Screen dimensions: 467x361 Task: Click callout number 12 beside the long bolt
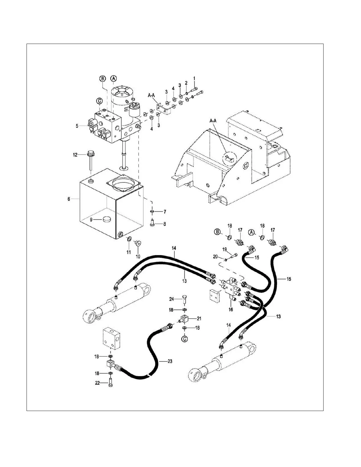coord(75,154)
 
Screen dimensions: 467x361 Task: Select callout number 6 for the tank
coord(69,199)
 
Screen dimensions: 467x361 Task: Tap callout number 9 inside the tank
coord(91,220)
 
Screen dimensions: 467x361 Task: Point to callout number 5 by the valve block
coord(77,126)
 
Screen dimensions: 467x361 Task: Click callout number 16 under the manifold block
coord(231,309)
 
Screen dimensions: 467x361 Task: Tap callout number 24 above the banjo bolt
coord(171,299)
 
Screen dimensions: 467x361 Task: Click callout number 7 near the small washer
coord(165,212)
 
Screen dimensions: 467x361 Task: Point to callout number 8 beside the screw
coord(164,224)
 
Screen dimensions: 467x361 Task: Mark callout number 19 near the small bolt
coord(224,249)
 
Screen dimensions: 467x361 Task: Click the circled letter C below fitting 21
coord(184,339)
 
